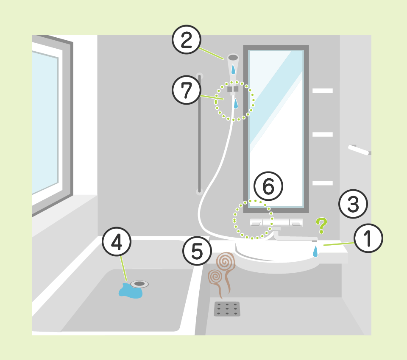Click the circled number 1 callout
coord(368,238)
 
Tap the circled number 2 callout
coord(187,39)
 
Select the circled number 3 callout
coord(353,204)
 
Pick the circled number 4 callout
coord(117,242)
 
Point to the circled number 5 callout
coord(197,251)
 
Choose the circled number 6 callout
coord(268,186)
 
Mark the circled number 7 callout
coord(187,90)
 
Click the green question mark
coord(322,225)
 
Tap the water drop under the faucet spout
coord(315,252)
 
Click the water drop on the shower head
coord(233,69)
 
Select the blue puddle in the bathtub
coord(130,291)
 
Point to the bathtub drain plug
coord(139,284)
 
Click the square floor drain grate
coord(227,309)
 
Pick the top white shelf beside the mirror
coord(323,91)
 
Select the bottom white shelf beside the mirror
coord(323,183)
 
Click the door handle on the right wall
coord(360,150)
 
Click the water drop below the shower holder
coord(236,103)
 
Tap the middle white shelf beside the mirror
coord(323,134)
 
